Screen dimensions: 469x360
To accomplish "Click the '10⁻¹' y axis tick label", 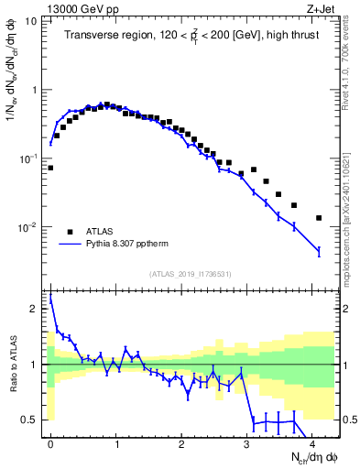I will click(27, 158).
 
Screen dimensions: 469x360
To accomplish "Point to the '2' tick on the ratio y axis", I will click(35, 309).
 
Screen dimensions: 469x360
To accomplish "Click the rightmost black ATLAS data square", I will click(319, 218).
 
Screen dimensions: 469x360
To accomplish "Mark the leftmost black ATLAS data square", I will click(50, 168).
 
